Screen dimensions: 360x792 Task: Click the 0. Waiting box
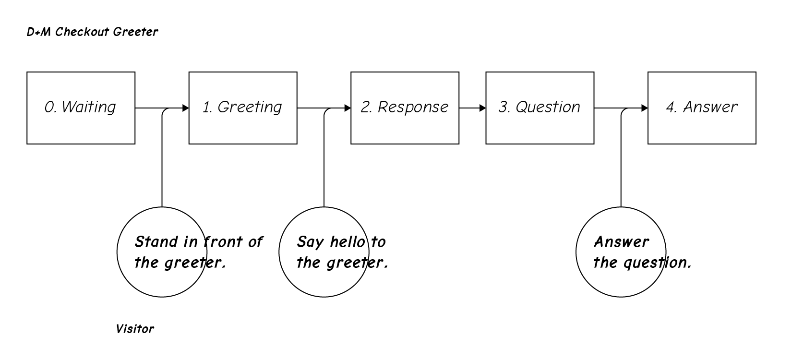[x=81, y=108]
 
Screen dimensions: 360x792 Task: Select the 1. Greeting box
[x=243, y=108]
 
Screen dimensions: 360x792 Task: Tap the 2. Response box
[x=405, y=108]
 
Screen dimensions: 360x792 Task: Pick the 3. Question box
[x=540, y=108]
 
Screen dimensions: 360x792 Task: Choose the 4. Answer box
[x=702, y=108]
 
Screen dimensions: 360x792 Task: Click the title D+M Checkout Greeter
[x=92, y=32]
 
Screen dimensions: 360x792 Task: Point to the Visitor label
[x=135, y=329]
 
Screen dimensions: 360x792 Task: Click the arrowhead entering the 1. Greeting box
[x=186, y=108]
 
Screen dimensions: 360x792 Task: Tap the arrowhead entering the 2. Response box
[x=348, y=108]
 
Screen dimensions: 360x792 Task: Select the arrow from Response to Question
[x=472, y=108]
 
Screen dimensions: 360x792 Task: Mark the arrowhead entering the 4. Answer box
[x=645, y=108]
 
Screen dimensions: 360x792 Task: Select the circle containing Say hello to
[x=324, y=278]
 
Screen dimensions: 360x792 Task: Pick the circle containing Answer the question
[x=621, y=278]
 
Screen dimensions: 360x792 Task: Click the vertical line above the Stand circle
[x=162, y=163]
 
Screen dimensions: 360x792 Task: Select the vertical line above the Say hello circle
[x=324, y=163]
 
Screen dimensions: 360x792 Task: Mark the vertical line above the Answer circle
[x=621, y=163]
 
